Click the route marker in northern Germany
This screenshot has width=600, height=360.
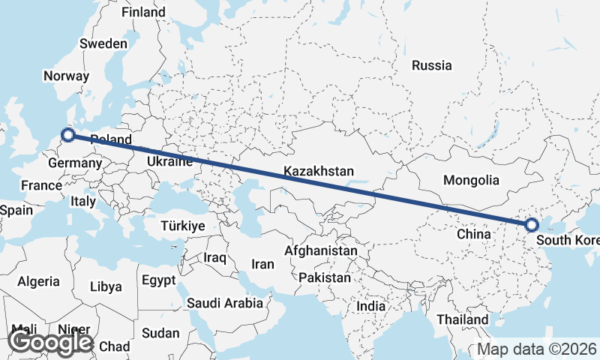68,135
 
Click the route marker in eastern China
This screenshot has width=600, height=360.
532,224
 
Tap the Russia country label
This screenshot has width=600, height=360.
432,65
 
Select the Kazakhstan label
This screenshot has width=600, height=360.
319,172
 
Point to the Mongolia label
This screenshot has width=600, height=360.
471,180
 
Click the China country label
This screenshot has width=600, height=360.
473,234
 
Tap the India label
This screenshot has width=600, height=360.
370,306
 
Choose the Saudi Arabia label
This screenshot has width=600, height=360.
225,303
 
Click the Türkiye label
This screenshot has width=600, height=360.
183,226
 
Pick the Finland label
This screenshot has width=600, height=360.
143,13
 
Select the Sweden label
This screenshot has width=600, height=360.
103,43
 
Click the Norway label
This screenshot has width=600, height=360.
67,76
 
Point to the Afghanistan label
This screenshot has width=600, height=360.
322,250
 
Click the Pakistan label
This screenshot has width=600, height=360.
324,277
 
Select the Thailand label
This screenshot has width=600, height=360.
463,319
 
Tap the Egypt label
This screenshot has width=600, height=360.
158,280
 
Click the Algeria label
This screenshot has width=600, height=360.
38,281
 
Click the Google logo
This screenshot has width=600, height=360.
50,342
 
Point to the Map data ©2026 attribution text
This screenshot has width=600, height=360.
537,349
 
